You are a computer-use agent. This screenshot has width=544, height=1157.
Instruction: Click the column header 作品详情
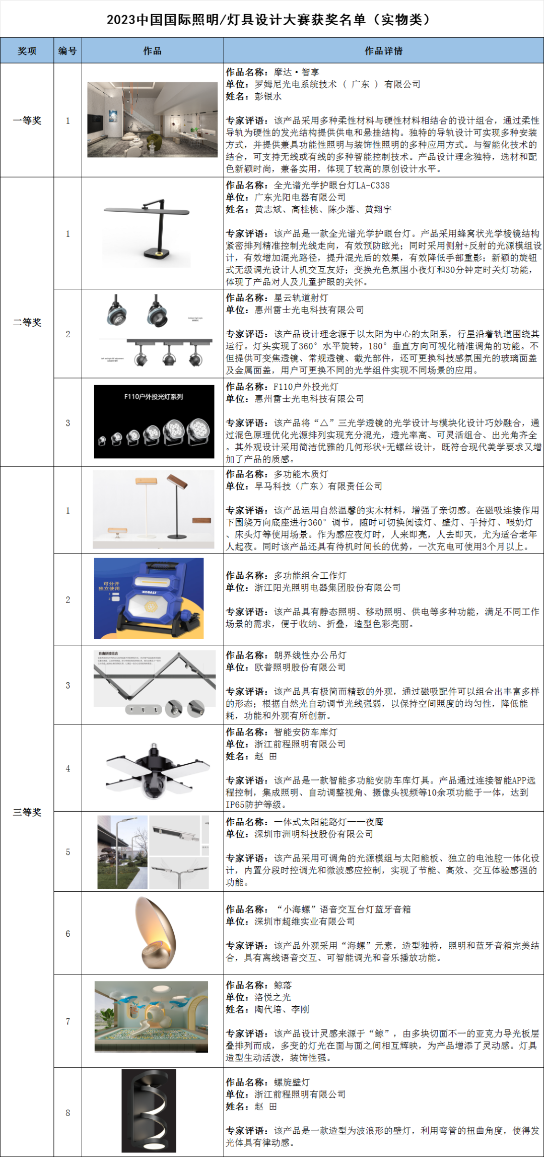(383, 51)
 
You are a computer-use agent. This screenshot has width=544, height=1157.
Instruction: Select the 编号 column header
(67, 51)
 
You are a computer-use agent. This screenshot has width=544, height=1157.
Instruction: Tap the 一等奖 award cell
(27, 120)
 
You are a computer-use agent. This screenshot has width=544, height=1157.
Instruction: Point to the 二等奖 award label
(27, 322)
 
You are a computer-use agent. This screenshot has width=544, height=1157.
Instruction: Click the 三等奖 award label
(27, 812)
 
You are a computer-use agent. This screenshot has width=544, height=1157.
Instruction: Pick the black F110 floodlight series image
(154, 421)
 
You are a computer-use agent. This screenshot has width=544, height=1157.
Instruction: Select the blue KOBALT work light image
(149, 598)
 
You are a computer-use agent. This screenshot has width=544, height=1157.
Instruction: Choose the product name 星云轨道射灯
(301, 298)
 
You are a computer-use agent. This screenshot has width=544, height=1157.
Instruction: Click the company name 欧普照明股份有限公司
(300, 667)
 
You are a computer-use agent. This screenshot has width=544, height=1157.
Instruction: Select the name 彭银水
(268, 96)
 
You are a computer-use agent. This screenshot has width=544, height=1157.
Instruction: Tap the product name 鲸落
(283, 985)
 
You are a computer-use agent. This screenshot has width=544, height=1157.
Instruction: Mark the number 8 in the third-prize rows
(67, 1113)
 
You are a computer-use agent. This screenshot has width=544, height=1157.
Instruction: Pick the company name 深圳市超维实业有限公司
(304, 922)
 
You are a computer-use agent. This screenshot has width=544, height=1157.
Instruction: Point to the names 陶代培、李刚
(282, 1009)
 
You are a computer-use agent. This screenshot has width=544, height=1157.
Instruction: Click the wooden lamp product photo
(153, 509)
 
